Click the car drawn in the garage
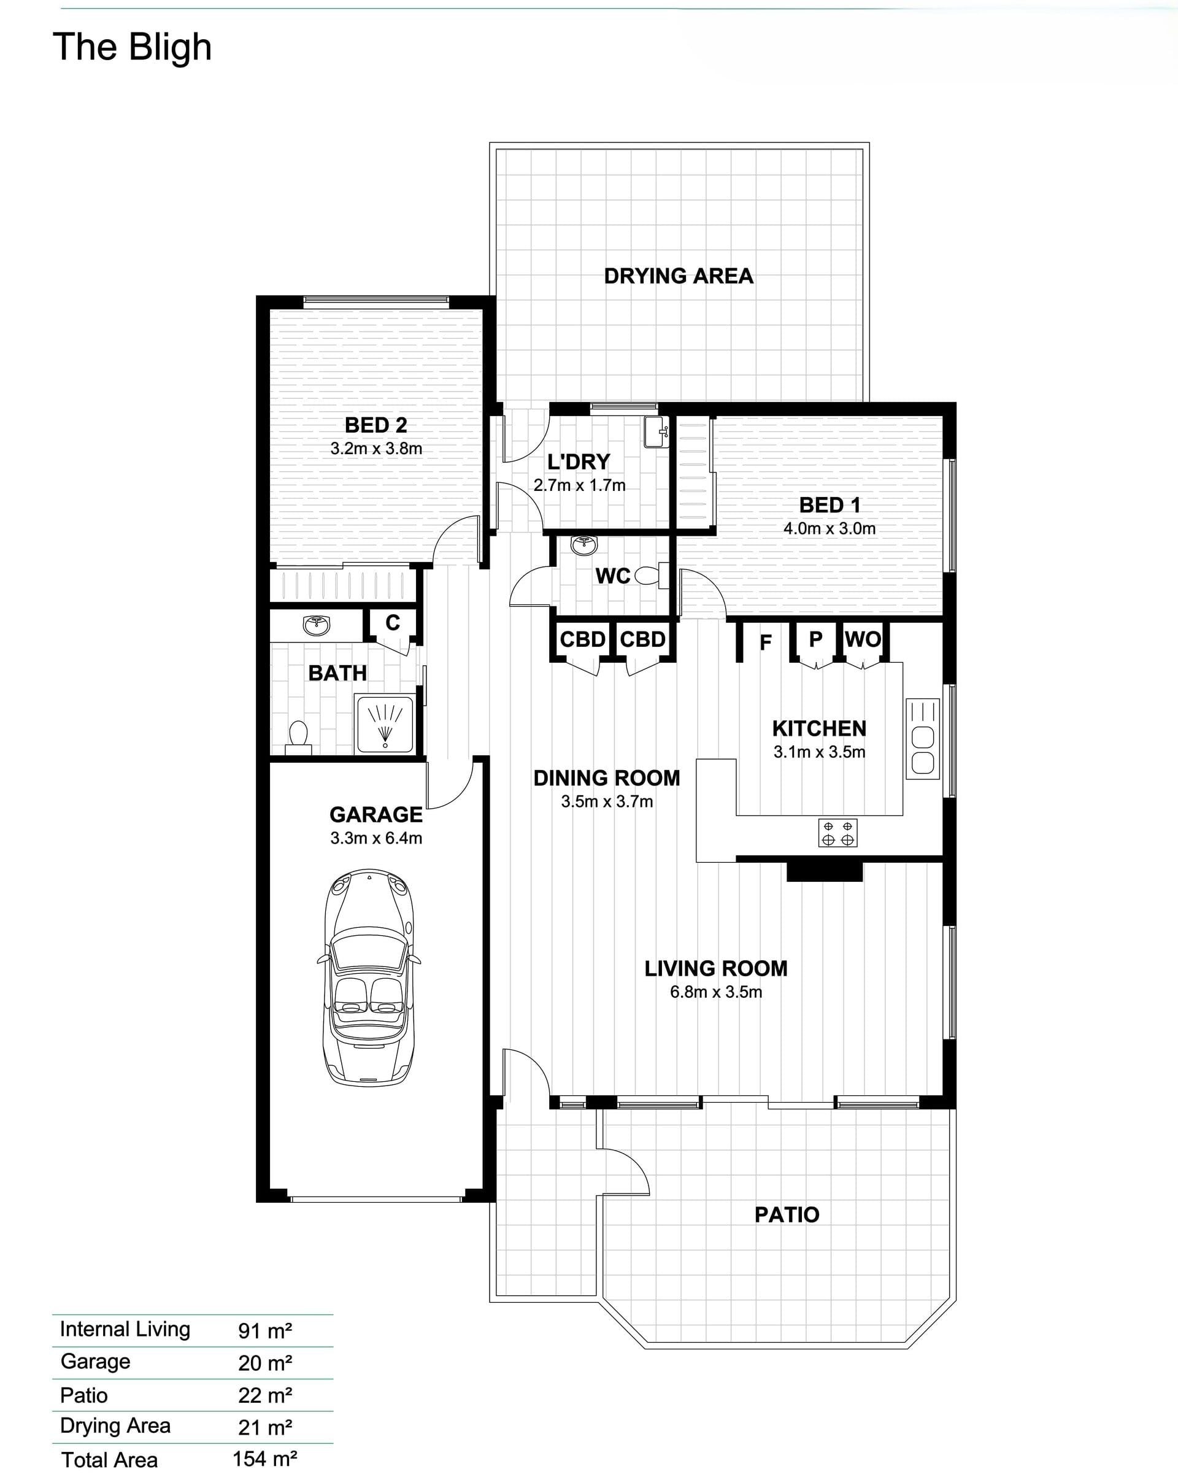369,978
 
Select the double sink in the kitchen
923,739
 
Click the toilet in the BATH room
298,737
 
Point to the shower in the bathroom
385,724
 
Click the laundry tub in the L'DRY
656,431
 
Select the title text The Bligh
132,47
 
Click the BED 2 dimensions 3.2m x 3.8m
376,449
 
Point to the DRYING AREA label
679,276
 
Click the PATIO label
787,1214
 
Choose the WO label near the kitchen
863,639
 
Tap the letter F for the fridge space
766,642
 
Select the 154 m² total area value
265,1459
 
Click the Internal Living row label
125,1329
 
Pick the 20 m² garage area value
265,1363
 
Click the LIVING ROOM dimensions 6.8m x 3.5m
716,992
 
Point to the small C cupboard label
393,622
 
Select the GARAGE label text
376,814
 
